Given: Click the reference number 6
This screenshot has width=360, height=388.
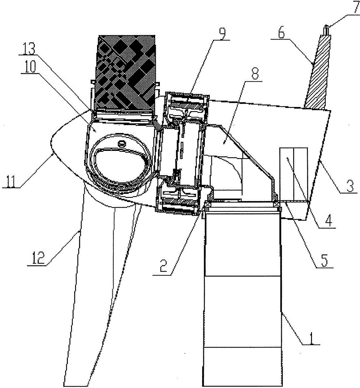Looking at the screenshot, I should coord(281,33).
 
